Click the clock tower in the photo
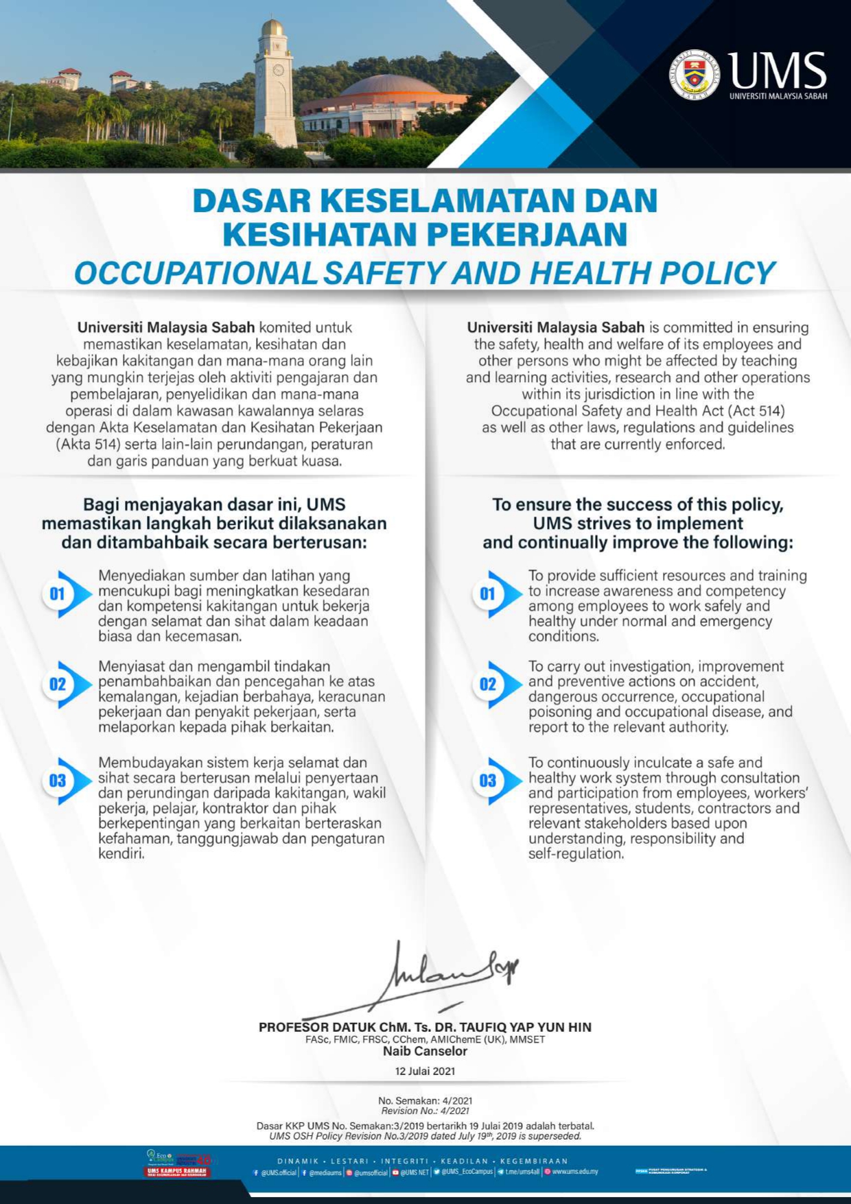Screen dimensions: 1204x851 [x=275, y=86]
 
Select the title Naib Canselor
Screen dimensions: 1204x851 [x=425, y=1051]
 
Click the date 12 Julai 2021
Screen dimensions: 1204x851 [x=425, y=1071]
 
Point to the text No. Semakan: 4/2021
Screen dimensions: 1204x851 [x=425, y=1100]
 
